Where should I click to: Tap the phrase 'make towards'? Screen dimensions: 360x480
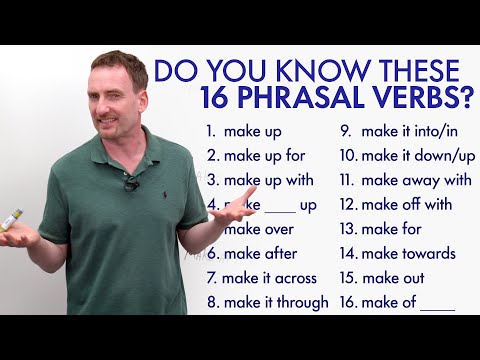tap(397, 253)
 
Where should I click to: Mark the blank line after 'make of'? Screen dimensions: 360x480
tap(437, 307)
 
